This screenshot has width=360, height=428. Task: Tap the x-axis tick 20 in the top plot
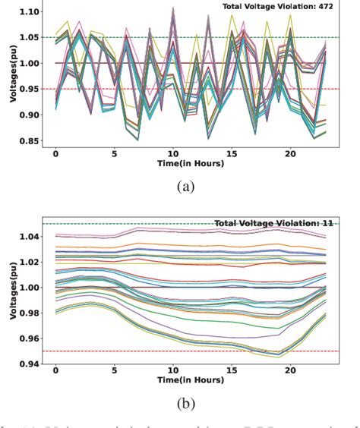(x=289, y=154)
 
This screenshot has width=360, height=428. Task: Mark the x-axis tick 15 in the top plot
(x=232, y=154)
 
